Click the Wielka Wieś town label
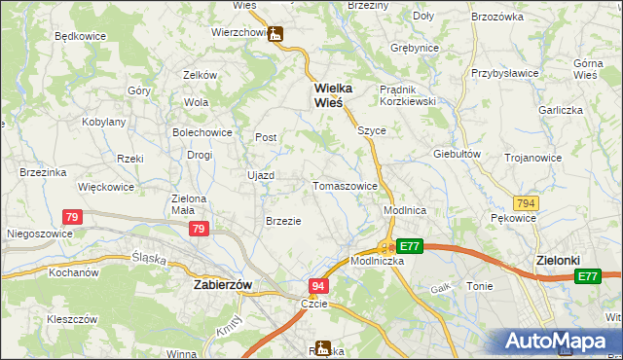pyautogui.click(x=332, y=95)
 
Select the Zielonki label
pyautogui.click(x=559, y=260)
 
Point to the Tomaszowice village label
pyautogui.click(x=345, y=186)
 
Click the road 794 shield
pyautogui.click(x=527, y=203)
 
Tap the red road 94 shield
pyautogui.click(x=318, y=286)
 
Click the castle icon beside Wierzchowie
pyautogui.click(x=276, y=34)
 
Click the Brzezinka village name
pyautogui.click(x=42, y=172)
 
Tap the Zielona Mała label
pyautogui.click(x=189, y=203)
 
